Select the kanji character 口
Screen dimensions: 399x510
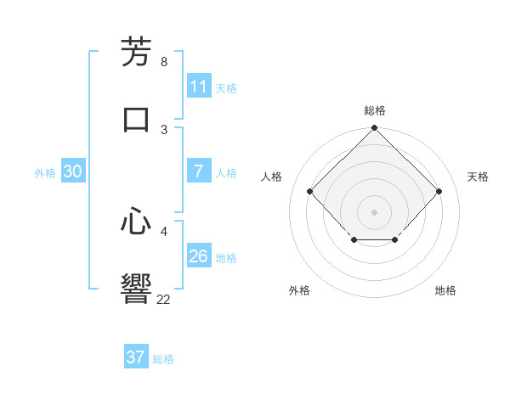point(136,118)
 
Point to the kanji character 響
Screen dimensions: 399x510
point(136,288)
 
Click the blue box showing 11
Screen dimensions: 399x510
point(199,87)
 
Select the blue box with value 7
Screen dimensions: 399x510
point(199,171)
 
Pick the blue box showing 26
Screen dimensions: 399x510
point(199,256)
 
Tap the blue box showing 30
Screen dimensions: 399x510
point(73,171)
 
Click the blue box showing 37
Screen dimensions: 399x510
point(136,357)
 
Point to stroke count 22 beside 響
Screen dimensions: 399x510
point(164,299)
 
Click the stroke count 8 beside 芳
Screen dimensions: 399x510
point(164,62)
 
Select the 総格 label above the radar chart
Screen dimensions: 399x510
point(375,110)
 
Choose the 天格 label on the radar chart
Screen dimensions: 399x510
point(478,177)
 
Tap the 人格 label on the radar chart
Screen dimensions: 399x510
point(272,177)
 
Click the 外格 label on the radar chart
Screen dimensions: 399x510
point(299,290)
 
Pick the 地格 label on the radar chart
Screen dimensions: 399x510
point(445,290)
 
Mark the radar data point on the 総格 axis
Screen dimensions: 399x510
point(375,129)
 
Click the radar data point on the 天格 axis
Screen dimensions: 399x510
point(439,191)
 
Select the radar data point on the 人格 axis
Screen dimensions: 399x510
point(310,191)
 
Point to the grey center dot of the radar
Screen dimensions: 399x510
point(375,211)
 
